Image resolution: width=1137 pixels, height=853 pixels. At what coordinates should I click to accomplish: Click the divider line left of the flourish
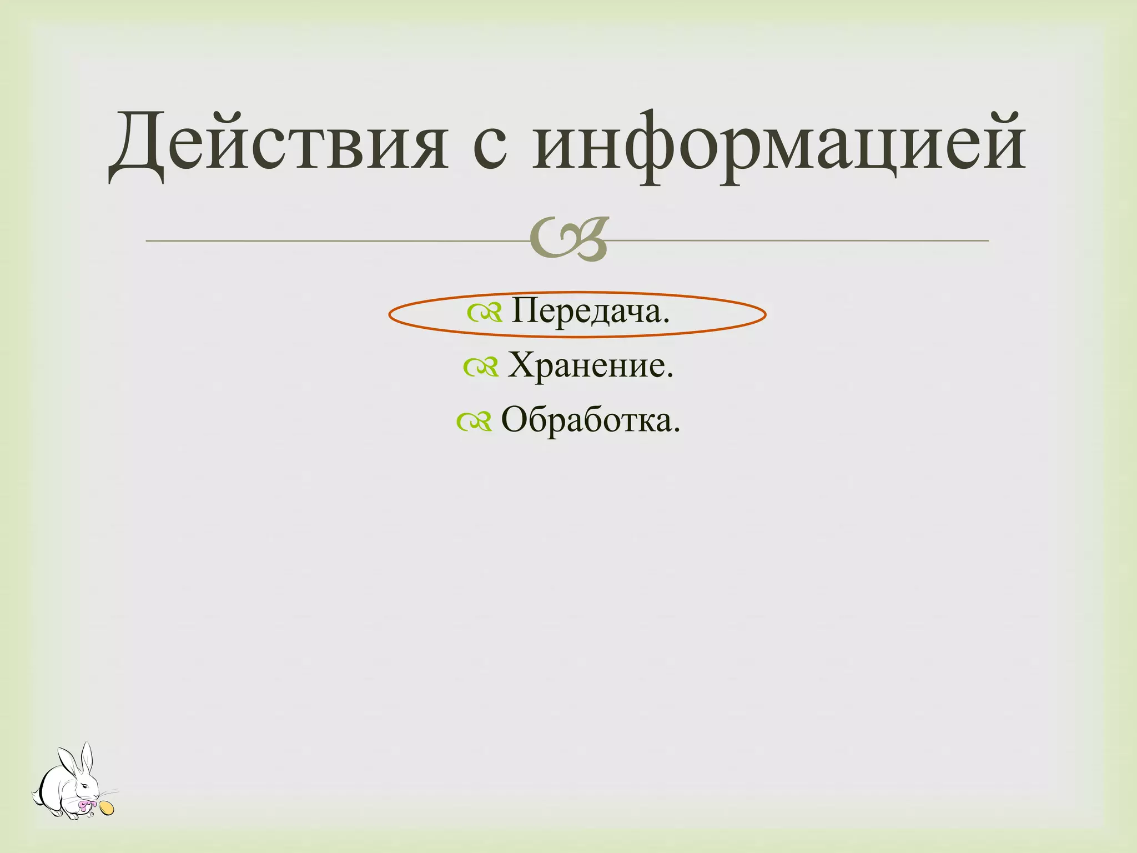coord(333,241)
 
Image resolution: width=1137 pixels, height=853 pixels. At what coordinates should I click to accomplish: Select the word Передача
coord(590,312)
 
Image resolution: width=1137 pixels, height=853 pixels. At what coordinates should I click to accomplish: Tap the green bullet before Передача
coord(485,314)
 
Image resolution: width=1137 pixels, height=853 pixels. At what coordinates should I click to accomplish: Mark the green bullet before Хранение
coord(481,368)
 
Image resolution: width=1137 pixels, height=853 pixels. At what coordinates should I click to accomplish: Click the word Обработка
coord(590,420)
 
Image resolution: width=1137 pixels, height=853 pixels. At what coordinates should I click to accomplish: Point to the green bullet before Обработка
coord(474,422)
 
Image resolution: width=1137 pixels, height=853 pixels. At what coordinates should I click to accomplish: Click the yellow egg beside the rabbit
coord(107,808)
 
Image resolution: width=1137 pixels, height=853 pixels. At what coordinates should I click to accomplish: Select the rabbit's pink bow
coord(87,804)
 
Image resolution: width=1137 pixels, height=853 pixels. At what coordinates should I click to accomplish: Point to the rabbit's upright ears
coord(78,761)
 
